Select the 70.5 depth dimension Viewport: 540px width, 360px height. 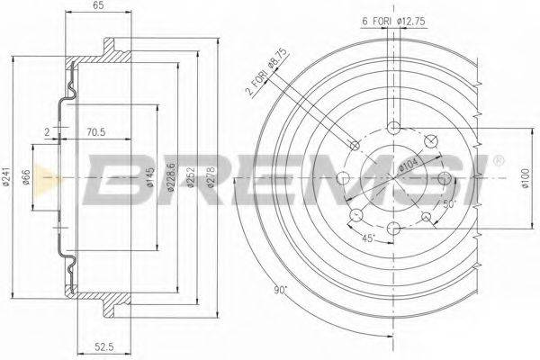click(x=95, y=131)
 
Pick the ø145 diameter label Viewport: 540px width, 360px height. click(x=150, y=184)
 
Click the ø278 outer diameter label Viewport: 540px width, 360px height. click(x=212, y=180)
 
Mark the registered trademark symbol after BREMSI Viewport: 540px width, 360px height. click(x=499, y=162)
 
